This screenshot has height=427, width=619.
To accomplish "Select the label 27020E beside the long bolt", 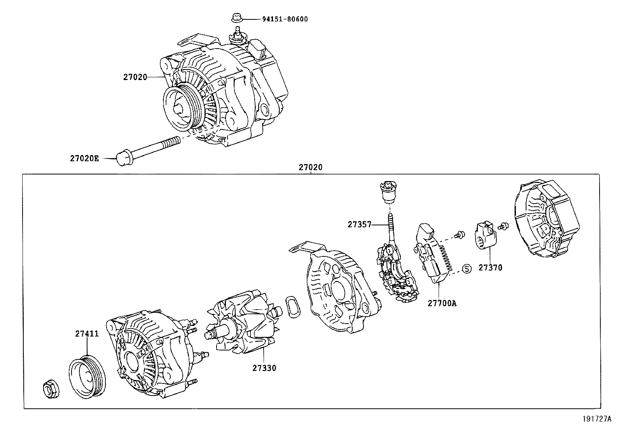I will (84, 159).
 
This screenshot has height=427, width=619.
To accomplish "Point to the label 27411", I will (87, 334).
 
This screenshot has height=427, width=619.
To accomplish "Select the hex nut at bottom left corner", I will (50, 389).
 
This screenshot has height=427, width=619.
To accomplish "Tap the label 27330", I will (264, 368).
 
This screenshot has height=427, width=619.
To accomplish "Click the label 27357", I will (359, 225).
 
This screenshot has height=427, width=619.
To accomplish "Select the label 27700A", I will (442, 303).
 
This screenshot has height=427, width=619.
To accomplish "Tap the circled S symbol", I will (467, 268).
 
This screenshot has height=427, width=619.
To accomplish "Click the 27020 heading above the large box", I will (310, 168).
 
